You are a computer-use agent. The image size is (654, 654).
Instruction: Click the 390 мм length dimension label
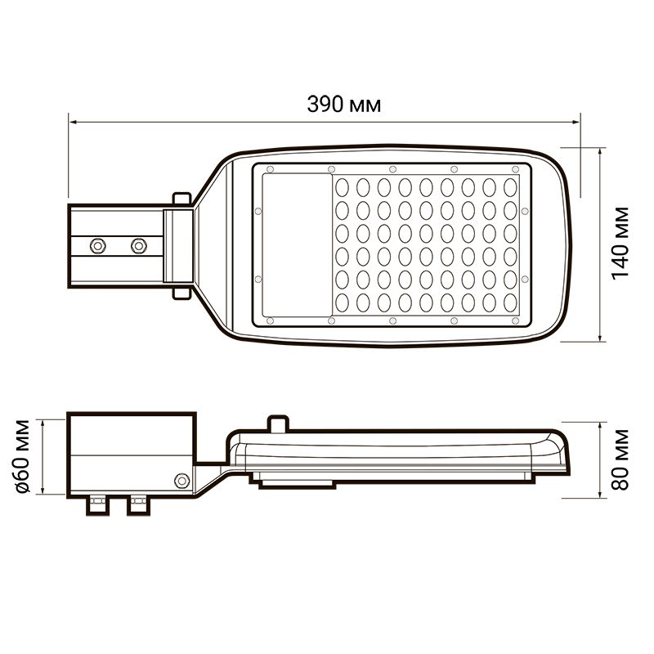tap(344, 105)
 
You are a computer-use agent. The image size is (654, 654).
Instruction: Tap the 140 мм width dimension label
tap(620, 243)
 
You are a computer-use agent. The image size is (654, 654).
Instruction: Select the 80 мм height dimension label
tap(620, 459)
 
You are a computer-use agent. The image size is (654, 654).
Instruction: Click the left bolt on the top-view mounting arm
tap(98, 246)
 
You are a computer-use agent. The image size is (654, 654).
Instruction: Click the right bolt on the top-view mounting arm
tap(139, 246)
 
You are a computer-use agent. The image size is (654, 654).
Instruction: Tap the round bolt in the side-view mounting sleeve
tap(181, 481)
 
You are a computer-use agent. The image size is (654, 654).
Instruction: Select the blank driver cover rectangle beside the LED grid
tap(297, 244)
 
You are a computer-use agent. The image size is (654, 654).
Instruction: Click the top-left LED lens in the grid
tap(342, 188)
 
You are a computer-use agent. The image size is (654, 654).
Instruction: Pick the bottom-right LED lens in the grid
tap(510, 302)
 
